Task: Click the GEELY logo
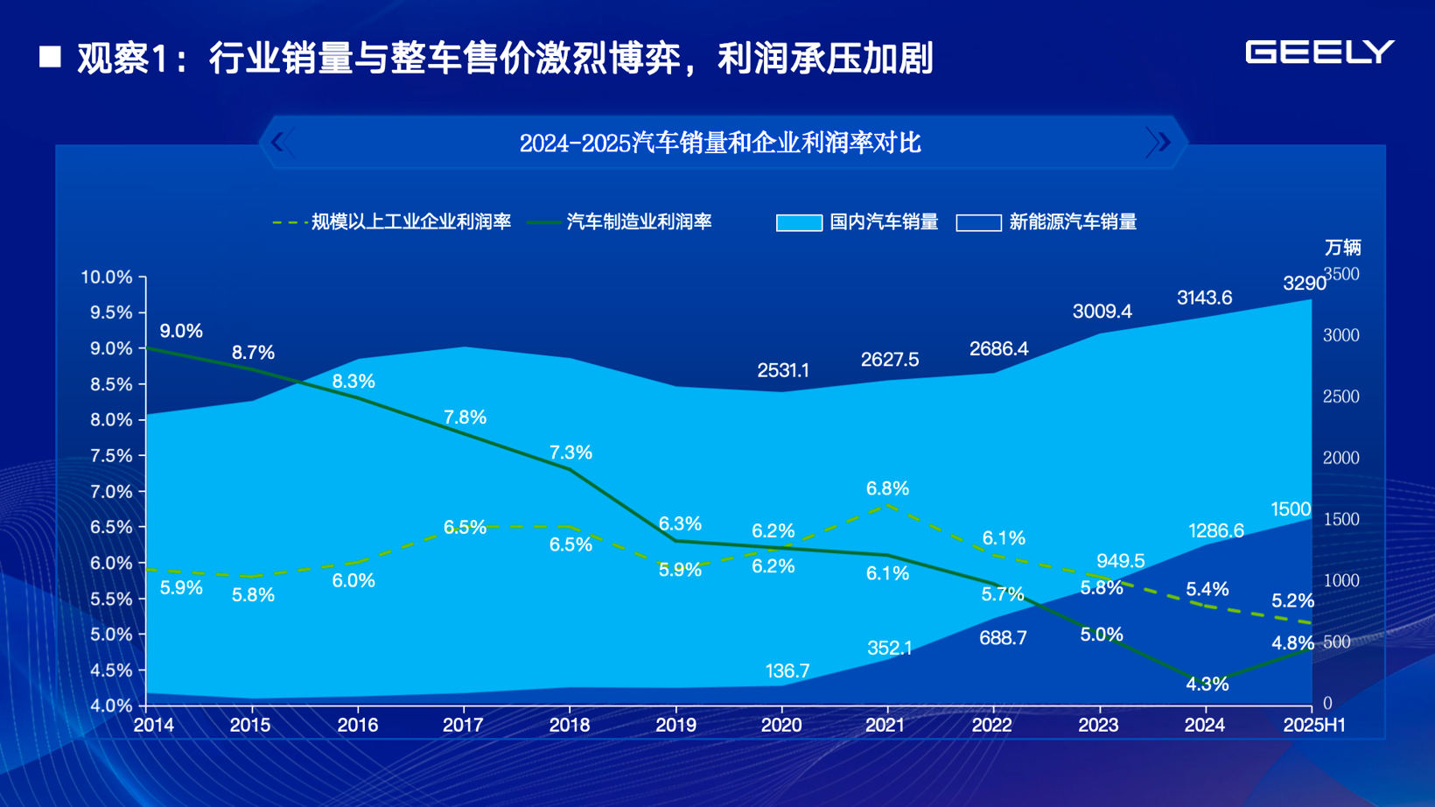pyautogui.click(x=1319, y=53)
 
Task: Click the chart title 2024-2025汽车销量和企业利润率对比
pyautogui.click(x=719, y=143)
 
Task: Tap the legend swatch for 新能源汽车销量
pyautogui.click(x=978, y=222)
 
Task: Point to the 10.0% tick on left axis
pyautogui.click(x=106, y=277)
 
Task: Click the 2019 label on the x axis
pyautogui.click(x=675, y=725)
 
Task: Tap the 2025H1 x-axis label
pyautogui.click(x=1313, y=725)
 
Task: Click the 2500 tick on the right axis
pyautogui.click(x=1340, y=396)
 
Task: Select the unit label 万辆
pyautogui.click(x=1342, y=248)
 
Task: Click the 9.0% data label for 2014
pyautogui.click(x=181, y=331)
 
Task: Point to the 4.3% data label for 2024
pyautogui.click(x=1207, y=684)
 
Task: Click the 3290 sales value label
pyautogui.click(x=1304, y=284)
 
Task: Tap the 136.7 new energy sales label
pyautogui.click(x=787, y=671)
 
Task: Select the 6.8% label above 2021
pyautogui.click(x=887, y=488)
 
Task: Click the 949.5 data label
pyautogui.click(x=1120, y=561)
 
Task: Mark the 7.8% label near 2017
pyautogui.click(x=465, y=418)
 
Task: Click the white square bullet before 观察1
pyautogui.click(x=51, y=58)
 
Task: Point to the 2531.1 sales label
pyautogui.click(x=783, y=370)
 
